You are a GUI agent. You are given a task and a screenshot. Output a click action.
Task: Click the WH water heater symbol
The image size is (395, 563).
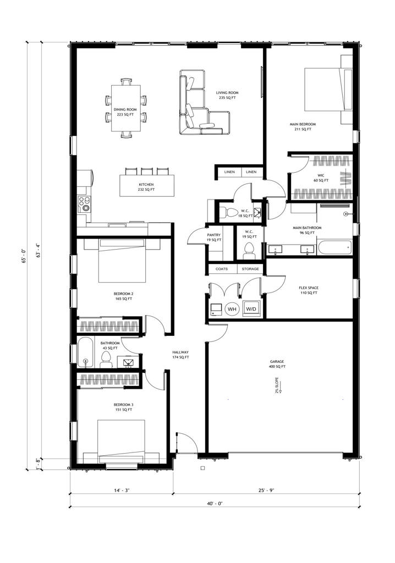point(232,309)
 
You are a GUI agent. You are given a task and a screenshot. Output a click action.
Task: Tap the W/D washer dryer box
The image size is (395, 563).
point(251,309)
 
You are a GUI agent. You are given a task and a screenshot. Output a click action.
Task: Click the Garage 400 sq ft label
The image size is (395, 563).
point(277,364)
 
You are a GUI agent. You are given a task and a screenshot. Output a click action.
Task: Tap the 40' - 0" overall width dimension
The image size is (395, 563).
point(211,503)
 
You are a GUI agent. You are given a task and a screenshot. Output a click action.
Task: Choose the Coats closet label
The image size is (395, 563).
point(222,269)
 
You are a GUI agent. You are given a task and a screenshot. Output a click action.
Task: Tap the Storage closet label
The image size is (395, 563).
point(250,269)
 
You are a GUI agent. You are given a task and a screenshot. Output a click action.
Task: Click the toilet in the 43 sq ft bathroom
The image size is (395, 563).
point(106,359)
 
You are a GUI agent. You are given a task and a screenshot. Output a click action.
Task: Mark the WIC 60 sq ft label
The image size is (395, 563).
point(320,178)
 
